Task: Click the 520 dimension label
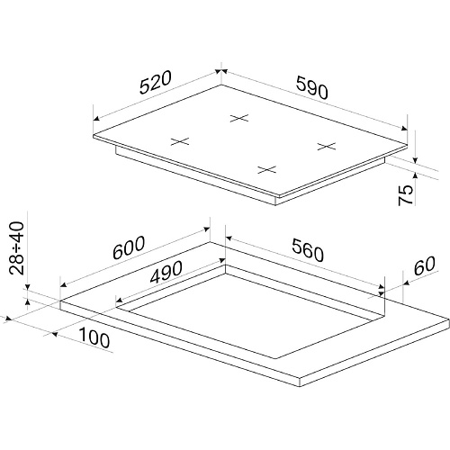156,82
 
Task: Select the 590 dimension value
312,87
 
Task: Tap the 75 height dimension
406,195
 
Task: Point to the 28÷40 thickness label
16,247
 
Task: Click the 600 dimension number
129,247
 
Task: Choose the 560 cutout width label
308,250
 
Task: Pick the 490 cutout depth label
166,272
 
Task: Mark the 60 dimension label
424,265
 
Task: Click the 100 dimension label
94,337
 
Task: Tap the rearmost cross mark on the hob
239,118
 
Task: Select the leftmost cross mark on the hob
180,141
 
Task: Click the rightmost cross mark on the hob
327,147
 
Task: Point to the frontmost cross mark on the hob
267,170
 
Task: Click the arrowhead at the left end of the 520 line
96,119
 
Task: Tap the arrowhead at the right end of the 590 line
404,129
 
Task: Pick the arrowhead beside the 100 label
55,334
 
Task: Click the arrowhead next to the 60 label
407,283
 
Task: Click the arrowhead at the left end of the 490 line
119,300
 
